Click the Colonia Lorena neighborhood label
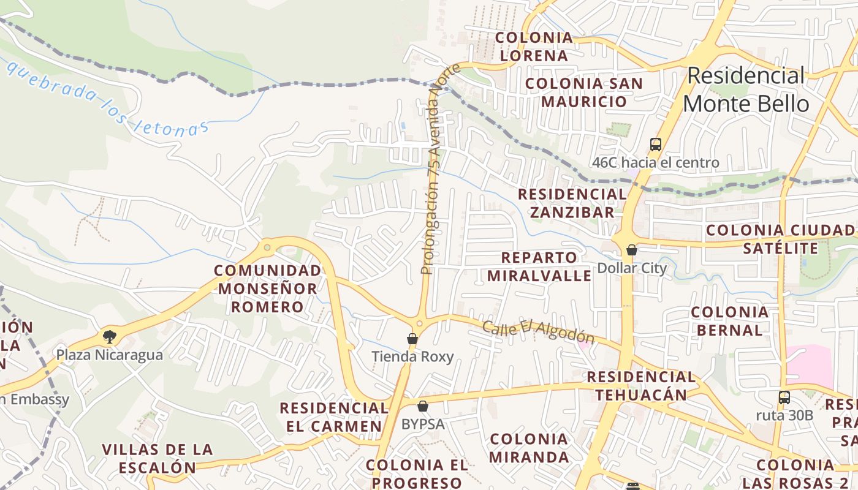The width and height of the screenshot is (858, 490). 534,47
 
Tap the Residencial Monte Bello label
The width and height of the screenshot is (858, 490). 746,89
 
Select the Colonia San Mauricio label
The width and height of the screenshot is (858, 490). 584,92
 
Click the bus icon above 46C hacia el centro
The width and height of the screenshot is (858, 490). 656,145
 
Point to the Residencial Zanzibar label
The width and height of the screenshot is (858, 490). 572,203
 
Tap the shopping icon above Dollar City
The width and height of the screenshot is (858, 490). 632,250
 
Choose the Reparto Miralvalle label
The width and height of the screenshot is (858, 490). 539,266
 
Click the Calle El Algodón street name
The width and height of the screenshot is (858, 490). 538,332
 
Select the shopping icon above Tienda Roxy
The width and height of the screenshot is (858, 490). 412,339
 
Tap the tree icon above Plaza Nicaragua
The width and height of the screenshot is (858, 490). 110,336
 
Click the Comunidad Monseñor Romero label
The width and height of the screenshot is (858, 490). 267,288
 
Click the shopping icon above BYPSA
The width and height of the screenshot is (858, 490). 423,405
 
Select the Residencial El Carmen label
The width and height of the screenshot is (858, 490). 334,417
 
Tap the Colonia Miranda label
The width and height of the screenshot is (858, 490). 529,448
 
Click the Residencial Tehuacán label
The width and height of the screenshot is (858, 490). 641,386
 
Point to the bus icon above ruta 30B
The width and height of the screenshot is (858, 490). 784,397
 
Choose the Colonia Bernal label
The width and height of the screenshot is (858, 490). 729,321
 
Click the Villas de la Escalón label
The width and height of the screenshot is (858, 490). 158,458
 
